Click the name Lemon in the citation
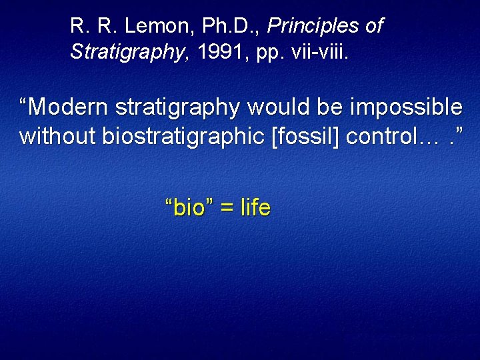(x=147, y=27)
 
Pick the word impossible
(x=408, y=107)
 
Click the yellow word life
(x=256, y=208)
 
